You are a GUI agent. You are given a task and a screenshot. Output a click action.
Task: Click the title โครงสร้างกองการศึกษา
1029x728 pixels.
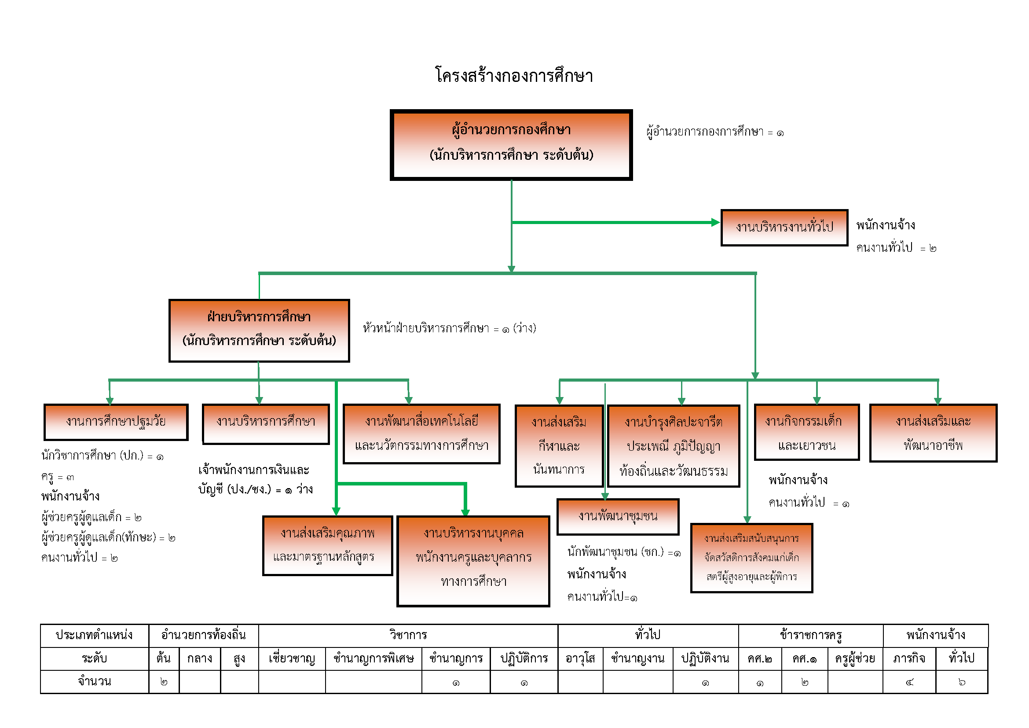514,76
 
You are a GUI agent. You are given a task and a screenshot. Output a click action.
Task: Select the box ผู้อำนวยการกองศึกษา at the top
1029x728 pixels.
511,144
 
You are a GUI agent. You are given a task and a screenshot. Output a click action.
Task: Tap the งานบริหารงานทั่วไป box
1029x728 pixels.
784,227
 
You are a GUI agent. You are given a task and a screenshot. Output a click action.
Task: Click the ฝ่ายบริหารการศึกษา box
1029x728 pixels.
259,330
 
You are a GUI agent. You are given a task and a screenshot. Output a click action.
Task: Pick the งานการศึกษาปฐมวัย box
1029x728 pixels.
116,422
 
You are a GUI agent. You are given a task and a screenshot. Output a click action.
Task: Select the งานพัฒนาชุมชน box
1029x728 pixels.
618,516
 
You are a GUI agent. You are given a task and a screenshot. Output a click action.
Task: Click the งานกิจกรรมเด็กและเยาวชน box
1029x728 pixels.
806,432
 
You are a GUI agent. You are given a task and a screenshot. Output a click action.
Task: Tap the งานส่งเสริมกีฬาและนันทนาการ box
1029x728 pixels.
559,445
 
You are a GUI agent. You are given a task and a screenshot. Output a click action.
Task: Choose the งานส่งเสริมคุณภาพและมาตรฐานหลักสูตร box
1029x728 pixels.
327,545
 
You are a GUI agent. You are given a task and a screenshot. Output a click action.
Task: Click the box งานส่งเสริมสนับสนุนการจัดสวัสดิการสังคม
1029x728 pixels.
751,558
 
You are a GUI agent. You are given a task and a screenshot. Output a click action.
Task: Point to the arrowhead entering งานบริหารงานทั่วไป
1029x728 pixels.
716,222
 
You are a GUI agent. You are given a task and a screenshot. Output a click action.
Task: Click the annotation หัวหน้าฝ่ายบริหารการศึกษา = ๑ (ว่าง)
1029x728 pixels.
449,329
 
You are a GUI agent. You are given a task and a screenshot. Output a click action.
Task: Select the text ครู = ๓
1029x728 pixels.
57,477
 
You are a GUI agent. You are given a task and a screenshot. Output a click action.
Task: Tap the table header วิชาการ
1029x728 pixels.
408,635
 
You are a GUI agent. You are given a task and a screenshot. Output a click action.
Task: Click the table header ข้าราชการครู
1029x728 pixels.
810,635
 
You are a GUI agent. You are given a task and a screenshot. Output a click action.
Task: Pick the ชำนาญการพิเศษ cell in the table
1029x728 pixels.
374,658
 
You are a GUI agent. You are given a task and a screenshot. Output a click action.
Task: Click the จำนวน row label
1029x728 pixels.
94,682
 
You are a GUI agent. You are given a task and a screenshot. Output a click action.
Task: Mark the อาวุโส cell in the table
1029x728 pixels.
580,658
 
